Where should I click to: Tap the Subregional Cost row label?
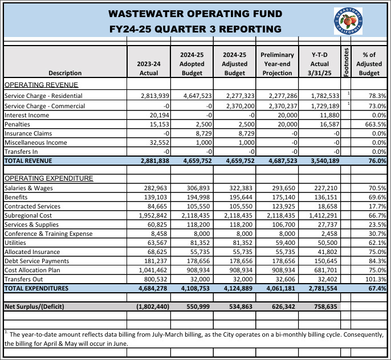28,215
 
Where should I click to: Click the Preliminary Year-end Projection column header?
277,63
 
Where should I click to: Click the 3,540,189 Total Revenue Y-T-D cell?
324,161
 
